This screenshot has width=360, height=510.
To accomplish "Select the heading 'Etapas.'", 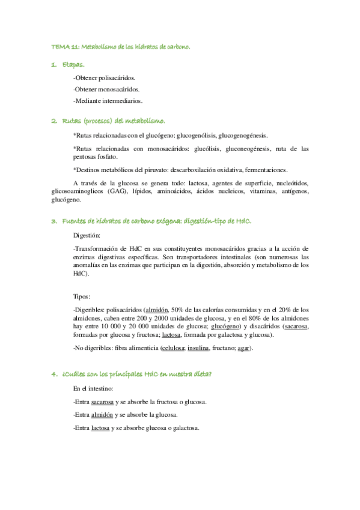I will [73, 64].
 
